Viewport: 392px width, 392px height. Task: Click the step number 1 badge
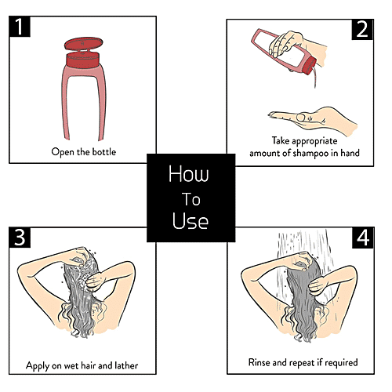20,27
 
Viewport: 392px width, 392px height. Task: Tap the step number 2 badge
362,30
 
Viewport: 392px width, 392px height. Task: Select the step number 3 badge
20,238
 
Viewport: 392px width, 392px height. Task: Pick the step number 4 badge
363,238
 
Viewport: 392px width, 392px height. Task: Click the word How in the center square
189,174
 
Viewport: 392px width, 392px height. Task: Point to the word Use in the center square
191,220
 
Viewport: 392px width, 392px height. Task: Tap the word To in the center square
191,199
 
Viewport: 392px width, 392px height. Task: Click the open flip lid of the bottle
84,44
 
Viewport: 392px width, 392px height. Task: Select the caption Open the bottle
84,152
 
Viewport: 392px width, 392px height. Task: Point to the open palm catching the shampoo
313,120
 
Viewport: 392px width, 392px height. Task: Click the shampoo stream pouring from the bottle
316,76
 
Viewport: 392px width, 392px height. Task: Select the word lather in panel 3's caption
126,365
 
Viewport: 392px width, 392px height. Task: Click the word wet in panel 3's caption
71,365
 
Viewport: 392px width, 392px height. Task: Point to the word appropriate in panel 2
314,141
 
